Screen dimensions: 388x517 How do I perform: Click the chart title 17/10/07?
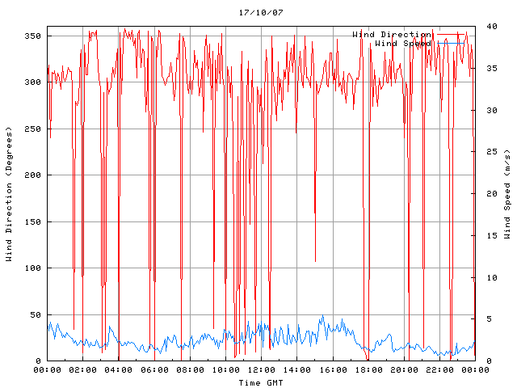click(261, 13)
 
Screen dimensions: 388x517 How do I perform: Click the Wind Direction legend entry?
click(391, 34)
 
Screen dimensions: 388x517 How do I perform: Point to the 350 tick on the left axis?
click(33, 36)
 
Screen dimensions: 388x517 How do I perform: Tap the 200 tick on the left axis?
click(33, 175)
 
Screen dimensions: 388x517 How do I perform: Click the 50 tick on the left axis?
click(36, 314)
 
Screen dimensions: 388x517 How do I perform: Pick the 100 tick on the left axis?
click(33, 268)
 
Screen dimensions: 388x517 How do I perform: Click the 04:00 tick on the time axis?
click(119, 369)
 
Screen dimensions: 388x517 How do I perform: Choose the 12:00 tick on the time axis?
click(261, 369)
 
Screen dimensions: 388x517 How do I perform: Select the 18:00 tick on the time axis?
click(368, 369)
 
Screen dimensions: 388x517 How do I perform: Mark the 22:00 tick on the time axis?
click(439, 369)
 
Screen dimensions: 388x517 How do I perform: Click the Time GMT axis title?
click(260, 382)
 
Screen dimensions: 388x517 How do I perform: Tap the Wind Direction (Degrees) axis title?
click(10, 194)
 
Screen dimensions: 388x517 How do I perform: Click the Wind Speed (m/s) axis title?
click(507, 194)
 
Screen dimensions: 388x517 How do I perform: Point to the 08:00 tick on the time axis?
click(190, 369)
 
